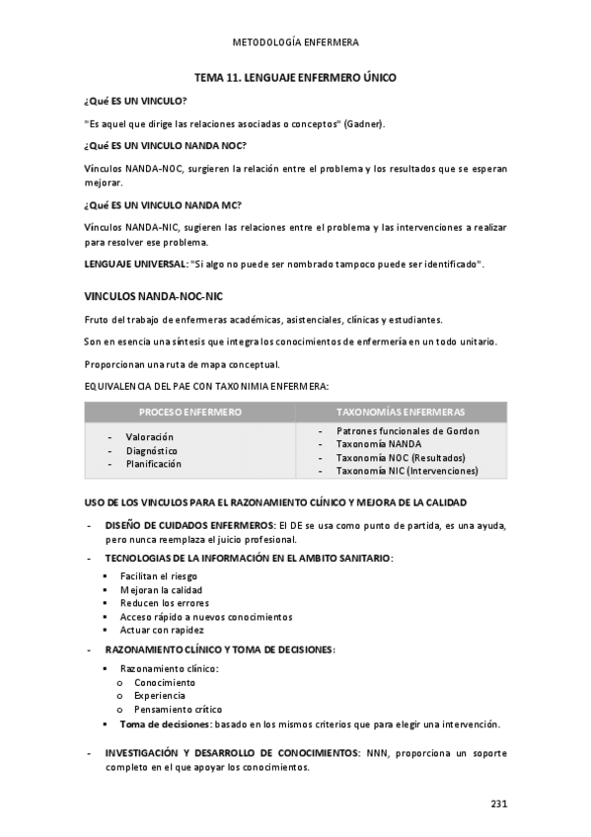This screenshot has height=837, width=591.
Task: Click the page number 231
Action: (498, 803)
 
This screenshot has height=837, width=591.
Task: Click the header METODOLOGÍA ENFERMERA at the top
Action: (295, 43)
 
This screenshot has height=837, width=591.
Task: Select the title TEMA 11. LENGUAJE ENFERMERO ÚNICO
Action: (295, 77)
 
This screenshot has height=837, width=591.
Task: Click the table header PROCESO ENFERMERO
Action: (190, 412)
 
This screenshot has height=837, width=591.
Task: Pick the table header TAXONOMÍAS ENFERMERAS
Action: (401, 412)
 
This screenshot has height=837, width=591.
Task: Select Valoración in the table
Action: (149, 436)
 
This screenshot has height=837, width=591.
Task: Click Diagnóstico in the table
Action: (151, 450)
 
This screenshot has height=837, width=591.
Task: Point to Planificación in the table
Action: (153, 464)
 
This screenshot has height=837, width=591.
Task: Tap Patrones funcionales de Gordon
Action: (407, 431)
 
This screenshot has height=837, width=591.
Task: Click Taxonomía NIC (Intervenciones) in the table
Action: (406, 472)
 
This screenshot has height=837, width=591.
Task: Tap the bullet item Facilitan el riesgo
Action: (158, 575)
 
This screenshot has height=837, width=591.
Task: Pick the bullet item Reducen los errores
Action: (164, 603)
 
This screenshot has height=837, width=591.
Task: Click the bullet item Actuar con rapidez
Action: (162, 630)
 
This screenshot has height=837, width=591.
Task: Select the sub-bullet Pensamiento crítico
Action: (178, 709)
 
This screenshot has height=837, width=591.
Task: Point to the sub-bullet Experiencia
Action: (160, 696)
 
